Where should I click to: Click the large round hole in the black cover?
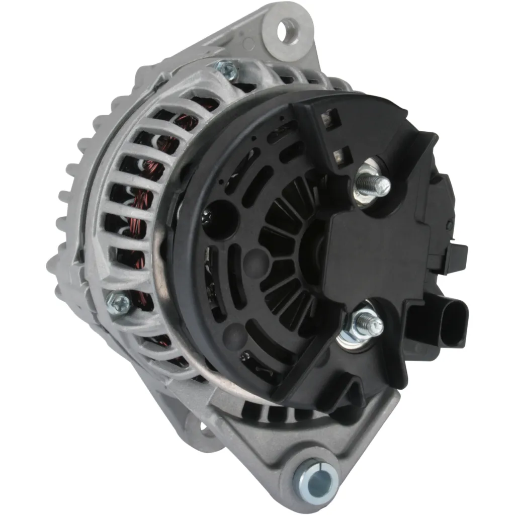click(x=220, y=216)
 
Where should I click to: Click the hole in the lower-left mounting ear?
click(x=204, y=428)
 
